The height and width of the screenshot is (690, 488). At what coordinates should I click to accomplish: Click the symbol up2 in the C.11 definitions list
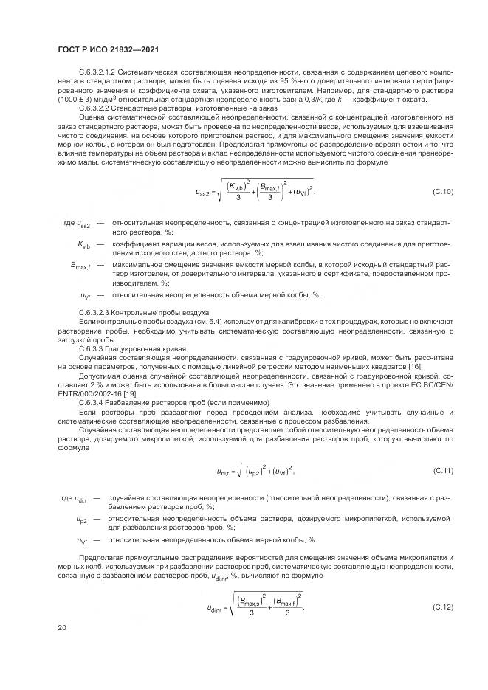(x=82, y=521)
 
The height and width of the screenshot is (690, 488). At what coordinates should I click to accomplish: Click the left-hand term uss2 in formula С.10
(x=204, y=193)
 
